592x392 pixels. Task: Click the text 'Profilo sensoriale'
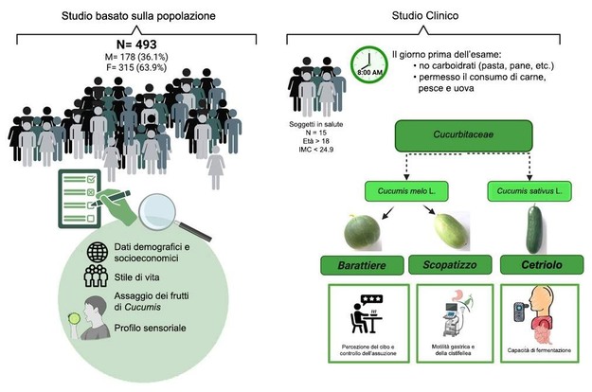[156, 327]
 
